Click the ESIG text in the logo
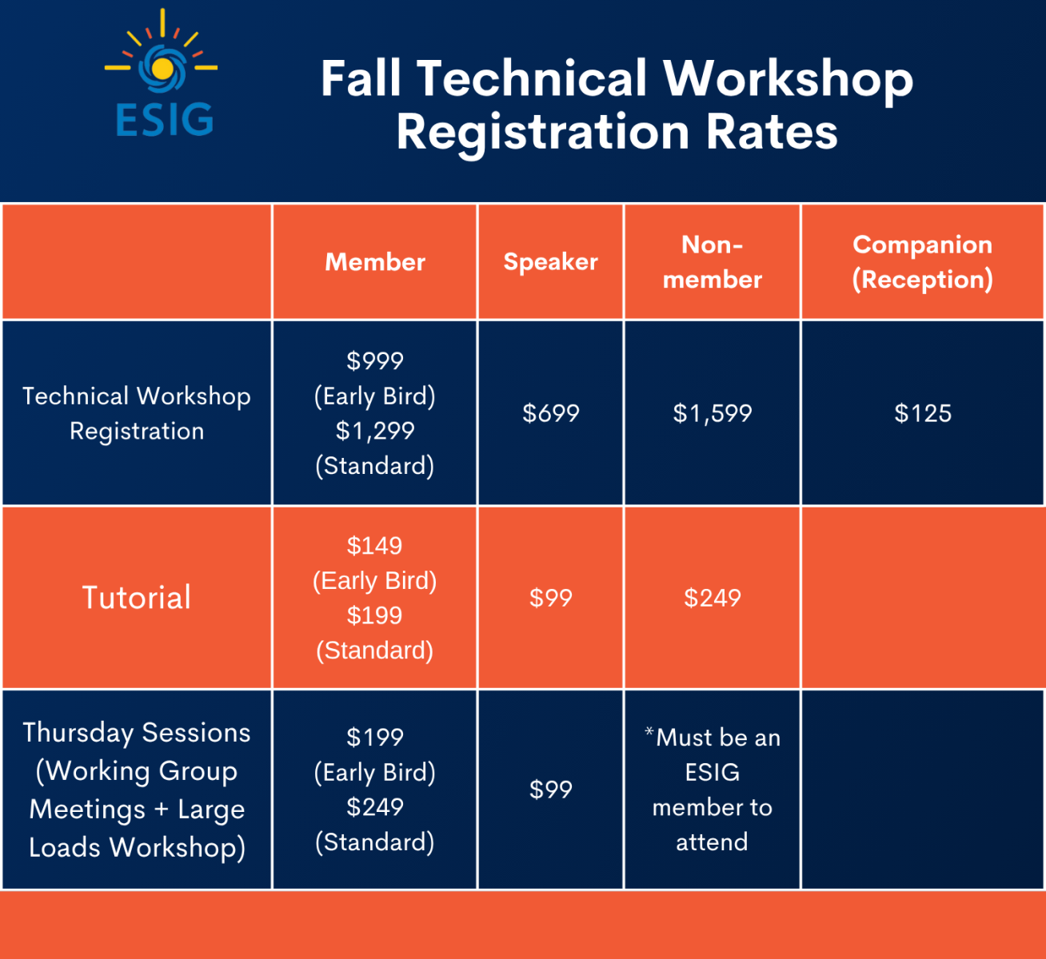pyautogui.click(x=165, y=119)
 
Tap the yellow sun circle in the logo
pyautogui.click(x=162, y=68)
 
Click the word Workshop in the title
pyautogui.click(x=788, y=79)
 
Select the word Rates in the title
pyautogui.click(x=772, y=132)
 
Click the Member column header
pyautogui.click(x=375, y=261)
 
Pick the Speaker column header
pyautogui.click(x=551, y=261)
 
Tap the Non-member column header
pyautogui.click(x=713, y=261)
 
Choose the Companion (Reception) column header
pyautogui.click(x=922, y=261)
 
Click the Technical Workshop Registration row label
pyautogui.click(x=137, y=413)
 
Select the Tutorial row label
pyautogui.click(x=137, y=597)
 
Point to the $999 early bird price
pyautogui.click(x=375, y=360)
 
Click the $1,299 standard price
pyautogui.click(x=375, y=431)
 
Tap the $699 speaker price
pyautogui.click(x=551, y=413)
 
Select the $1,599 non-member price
pyautogui.click(x=713, y=413)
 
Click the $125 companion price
pyautogui.click(x=922, y=413)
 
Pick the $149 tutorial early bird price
pyautogui.click(x=375, y=546)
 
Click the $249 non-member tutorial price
pyautogui.click(x=713, y=598)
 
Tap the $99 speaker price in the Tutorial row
pyautogui.click(x=551, y=598)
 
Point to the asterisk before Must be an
pyautogui.click(x=649, y=731)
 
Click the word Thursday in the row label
pyautogui.click(x=78, y=733)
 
